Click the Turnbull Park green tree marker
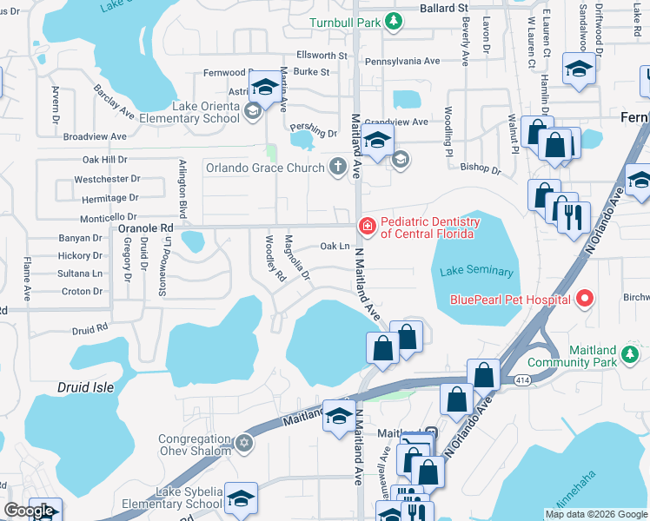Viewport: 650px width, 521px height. point(394,21)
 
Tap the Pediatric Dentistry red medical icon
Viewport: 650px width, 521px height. point(368,227)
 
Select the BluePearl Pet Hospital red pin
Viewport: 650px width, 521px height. point(584,300)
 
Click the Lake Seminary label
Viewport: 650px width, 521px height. point(477,272)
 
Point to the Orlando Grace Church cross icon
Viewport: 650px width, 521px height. point(339,167)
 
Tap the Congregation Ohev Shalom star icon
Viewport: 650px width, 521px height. point(244,445)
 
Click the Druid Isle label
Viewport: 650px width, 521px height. point(86,387)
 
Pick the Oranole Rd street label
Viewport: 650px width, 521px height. point(145,228)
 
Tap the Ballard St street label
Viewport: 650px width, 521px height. point(440,8)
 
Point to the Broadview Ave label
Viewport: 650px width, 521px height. point(96,136)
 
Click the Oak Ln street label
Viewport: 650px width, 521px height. point(335,247)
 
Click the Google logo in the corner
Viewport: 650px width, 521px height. point(29,511)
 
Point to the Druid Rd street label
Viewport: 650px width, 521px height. point(90,329)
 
